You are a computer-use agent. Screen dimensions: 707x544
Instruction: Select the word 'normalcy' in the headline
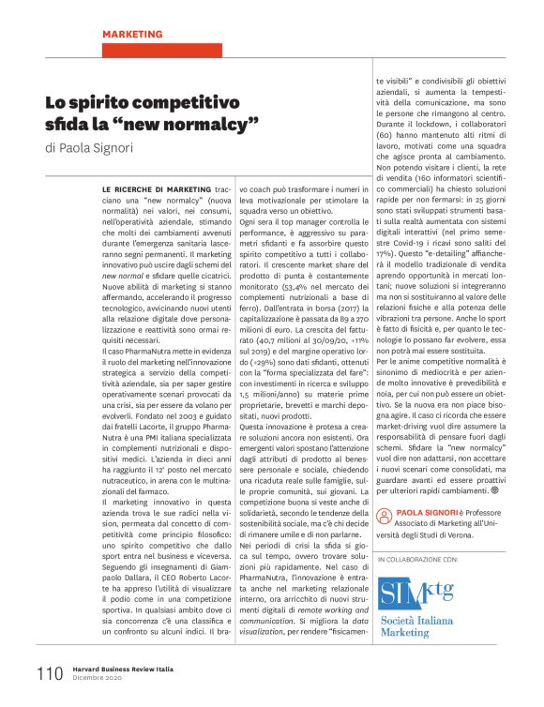point(216,124)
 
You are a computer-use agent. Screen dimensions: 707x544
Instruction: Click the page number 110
point(49,673)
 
